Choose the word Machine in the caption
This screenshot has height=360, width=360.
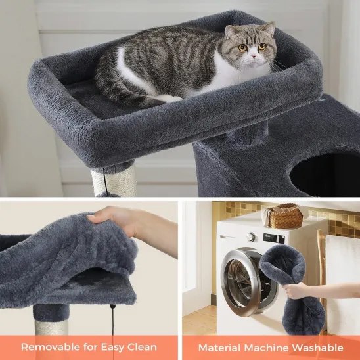pos(274,347)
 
